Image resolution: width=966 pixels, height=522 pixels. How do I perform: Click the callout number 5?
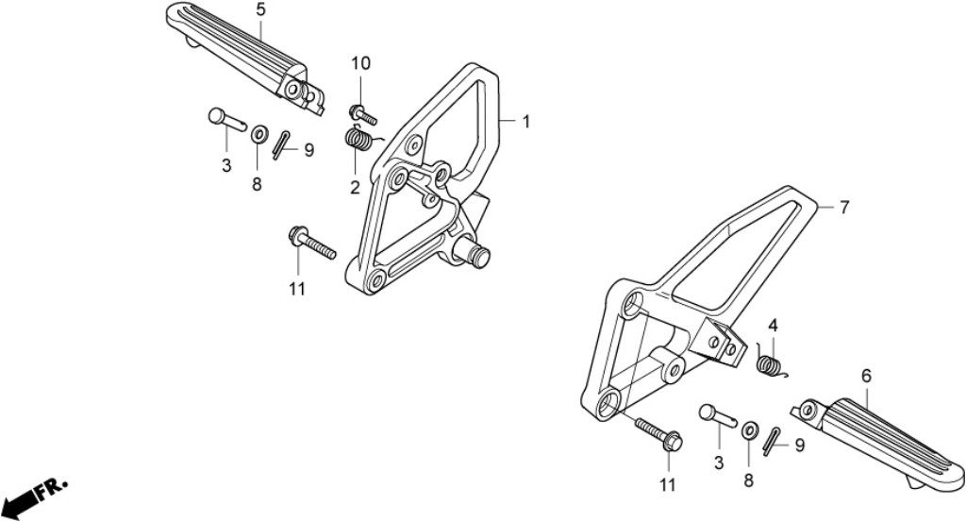pos(260,9)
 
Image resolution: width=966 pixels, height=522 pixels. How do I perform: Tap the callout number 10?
pos(361,63)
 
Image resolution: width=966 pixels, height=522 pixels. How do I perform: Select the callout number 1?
pos(526,122)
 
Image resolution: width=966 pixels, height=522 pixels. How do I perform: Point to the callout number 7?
pos(844,208)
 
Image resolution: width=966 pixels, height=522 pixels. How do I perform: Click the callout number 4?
pos(773,326)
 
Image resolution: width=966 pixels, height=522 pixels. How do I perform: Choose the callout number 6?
pos(866,376)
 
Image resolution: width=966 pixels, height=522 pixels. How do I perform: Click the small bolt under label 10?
pos(362,114)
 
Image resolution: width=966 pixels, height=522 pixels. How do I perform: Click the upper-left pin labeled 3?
pos(226,119)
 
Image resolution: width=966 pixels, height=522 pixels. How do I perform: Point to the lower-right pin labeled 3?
pos(718,415)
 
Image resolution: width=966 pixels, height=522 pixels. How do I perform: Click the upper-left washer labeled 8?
pos(259,134)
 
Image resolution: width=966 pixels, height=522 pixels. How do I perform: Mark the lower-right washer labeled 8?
pos(750,430)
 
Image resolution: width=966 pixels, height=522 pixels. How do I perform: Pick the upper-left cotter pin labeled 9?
pos(281,145)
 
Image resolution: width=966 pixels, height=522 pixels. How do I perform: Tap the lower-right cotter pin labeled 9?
pos(772,441)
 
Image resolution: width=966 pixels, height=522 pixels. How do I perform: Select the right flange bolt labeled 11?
pos(659,433)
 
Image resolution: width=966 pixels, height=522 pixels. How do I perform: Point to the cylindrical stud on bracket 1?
pos(473,250)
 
